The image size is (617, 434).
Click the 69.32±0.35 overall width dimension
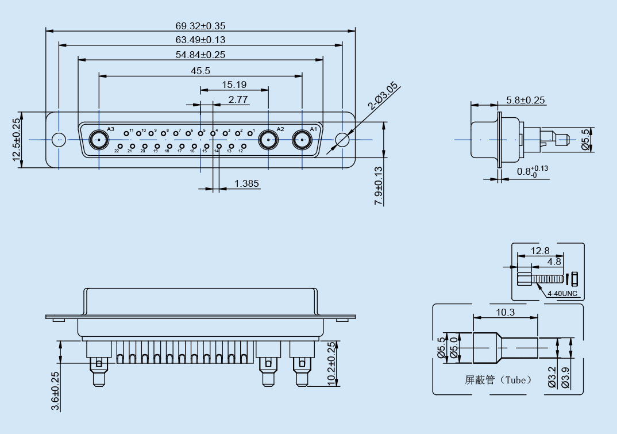click(200, 26)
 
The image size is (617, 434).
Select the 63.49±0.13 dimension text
click(200, 40)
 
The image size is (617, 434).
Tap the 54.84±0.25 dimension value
click(200, 55)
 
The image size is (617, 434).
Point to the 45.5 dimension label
click(200, 71)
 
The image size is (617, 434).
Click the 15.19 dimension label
click(234, 85)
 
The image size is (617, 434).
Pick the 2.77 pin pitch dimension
click(238, 99)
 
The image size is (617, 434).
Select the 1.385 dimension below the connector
click(246, 184)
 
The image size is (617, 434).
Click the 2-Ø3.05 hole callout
click(383, 96)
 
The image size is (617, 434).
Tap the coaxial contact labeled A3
click(99, 140)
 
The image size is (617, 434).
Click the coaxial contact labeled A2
click(268, 139)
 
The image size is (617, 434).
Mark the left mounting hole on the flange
click(58, 140)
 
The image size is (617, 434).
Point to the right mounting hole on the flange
click(342, 140)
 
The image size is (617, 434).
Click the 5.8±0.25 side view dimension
click(525, 100)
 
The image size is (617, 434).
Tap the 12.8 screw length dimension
click(540, 251)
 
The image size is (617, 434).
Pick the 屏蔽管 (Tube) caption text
click(498, 380)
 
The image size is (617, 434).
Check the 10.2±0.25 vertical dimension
click(330, 364)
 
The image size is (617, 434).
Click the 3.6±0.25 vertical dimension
click(55, 391)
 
